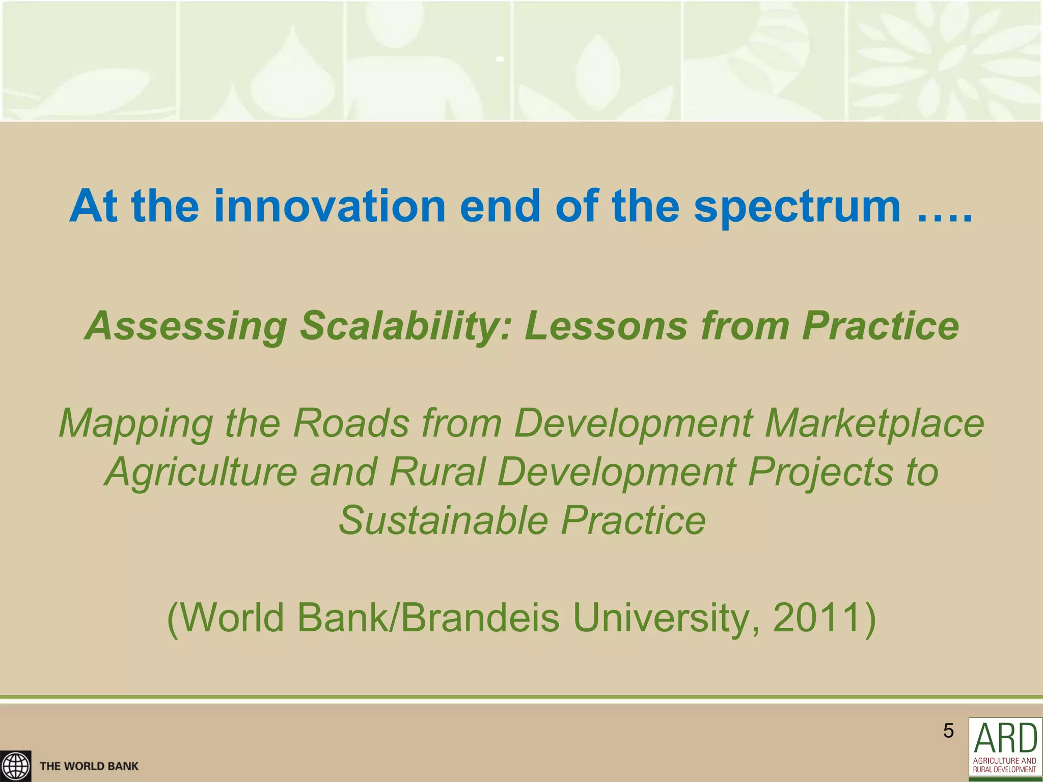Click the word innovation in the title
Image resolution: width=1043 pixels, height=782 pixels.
pyautogui.click(x=330, y=206)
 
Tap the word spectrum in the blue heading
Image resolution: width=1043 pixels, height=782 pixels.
pyautogui.click(x=797, y=207)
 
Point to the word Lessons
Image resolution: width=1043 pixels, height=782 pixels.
pyautogui.click(x=606, y=326)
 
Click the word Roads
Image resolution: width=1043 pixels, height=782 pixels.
pyautogui.click(x=351, y=423)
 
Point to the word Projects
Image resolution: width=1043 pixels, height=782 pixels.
pyautogui.click(x=820, y=472)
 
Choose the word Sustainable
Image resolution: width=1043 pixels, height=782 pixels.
pyautogui.click(x=443, y=521)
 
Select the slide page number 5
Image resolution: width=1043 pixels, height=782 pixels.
pyautogui.click(x=948, y=731)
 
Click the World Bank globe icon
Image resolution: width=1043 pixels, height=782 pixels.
pyautogui.click(x=15, y=766)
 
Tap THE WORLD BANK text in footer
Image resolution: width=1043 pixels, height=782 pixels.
pyautogui.click(x=89, y=766)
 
